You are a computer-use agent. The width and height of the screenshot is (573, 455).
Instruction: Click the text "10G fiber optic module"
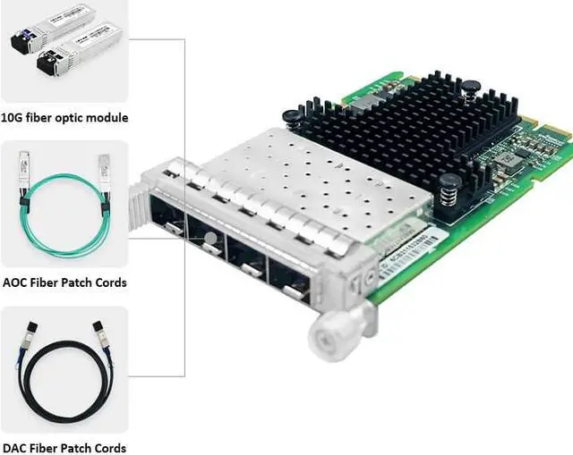64,117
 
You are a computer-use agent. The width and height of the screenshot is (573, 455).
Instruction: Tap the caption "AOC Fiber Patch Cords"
64,282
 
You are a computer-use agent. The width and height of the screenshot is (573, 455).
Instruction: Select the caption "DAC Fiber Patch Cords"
64,448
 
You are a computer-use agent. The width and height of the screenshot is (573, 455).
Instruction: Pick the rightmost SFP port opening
290,281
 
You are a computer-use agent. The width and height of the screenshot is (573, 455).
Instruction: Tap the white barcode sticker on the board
407,252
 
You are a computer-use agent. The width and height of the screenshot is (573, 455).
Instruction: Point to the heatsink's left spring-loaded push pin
291,115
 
